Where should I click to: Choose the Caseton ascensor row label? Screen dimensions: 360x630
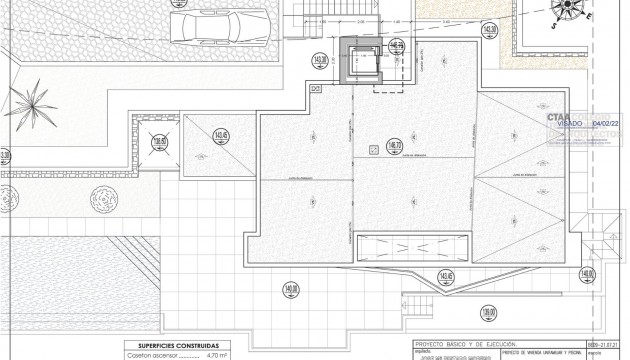(x=151, y=354)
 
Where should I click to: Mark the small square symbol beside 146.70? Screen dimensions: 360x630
(x=373, y=150)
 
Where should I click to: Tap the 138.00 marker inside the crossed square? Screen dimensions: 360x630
(x=158, y=142)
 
